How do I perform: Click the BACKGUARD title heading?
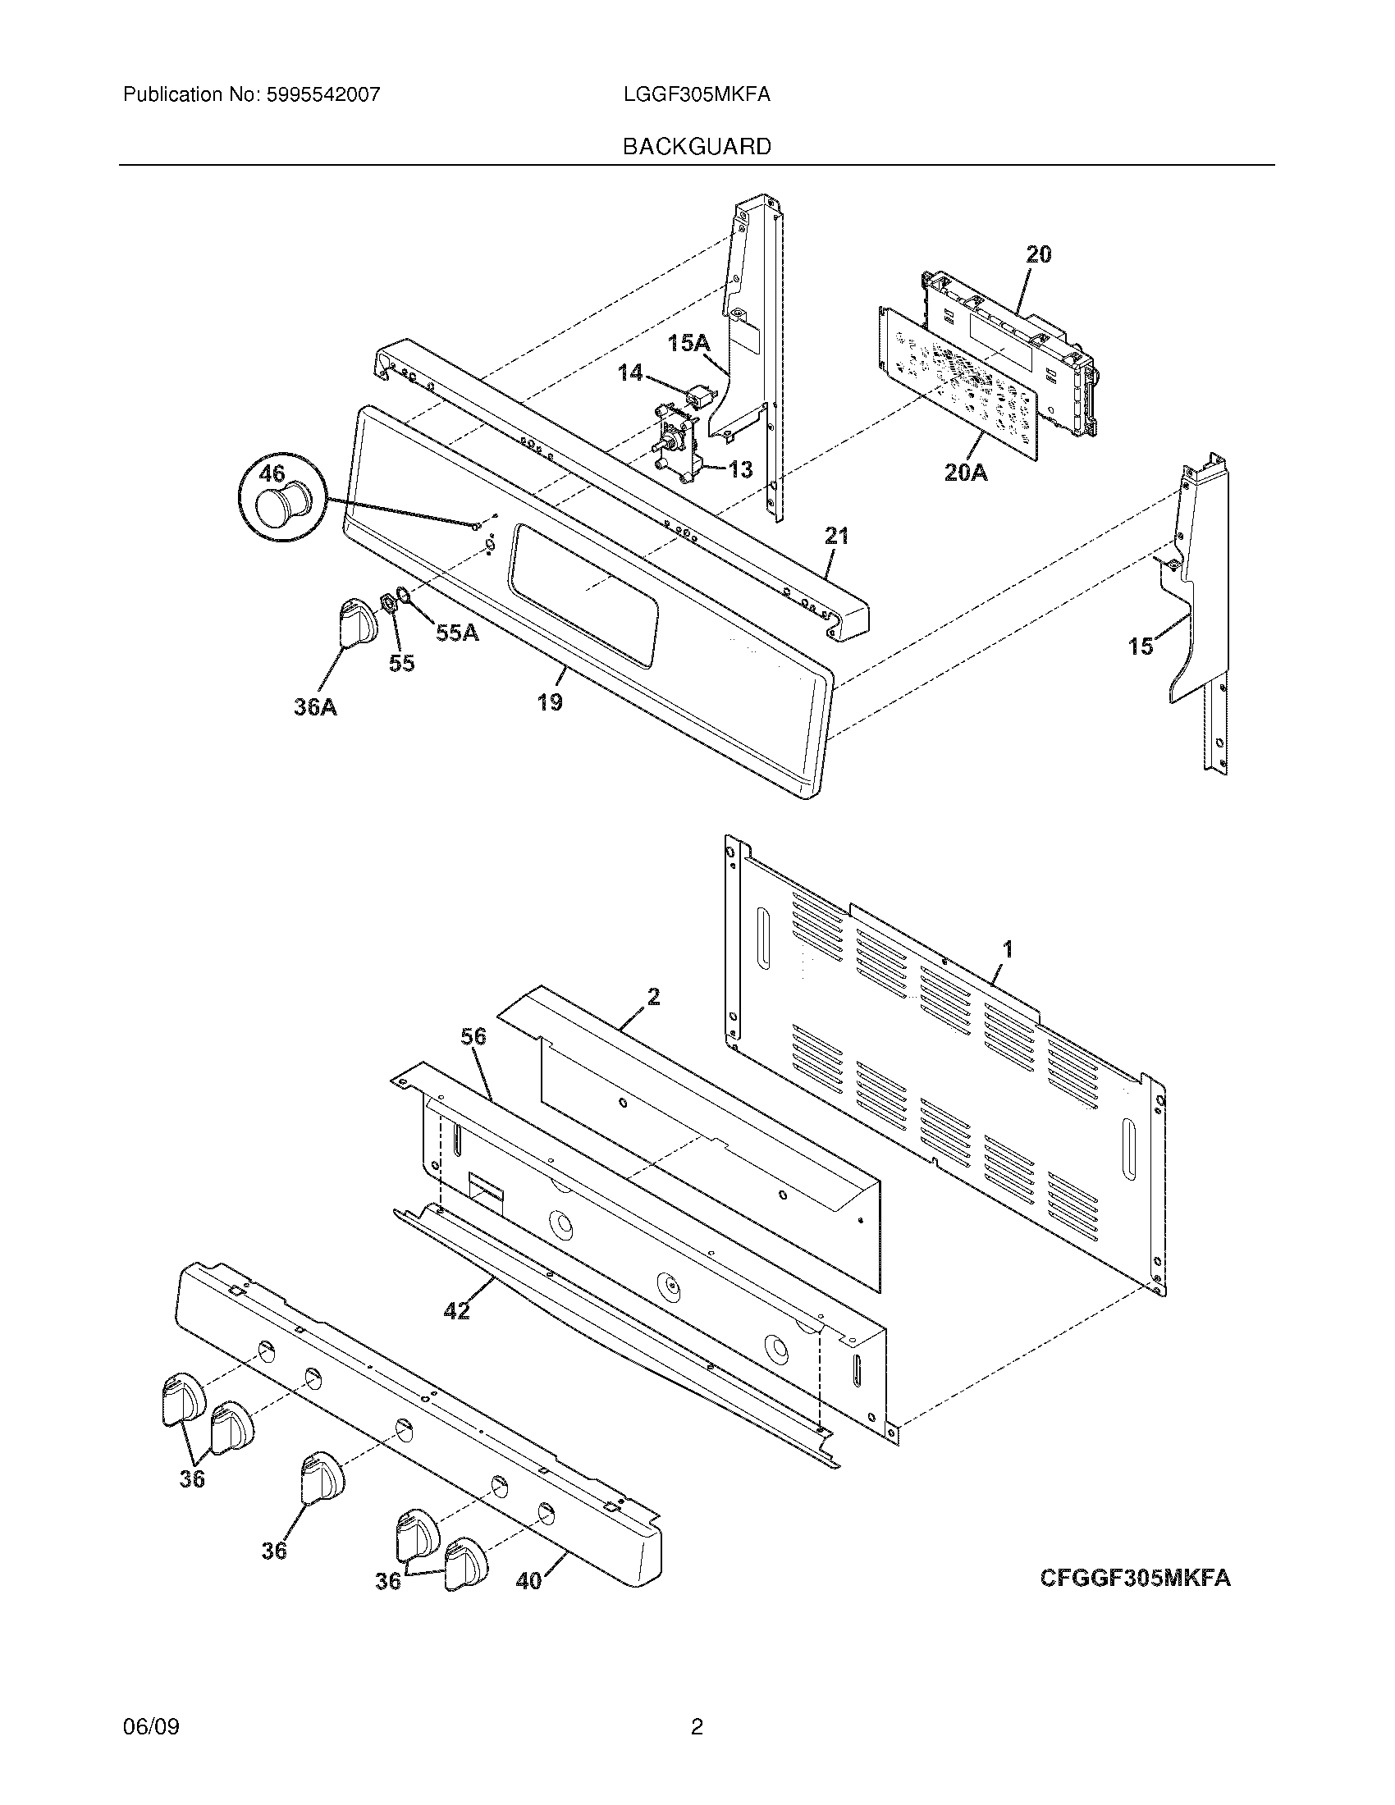(x=697, y=146)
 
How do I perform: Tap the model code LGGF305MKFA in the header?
(x=697, y=95)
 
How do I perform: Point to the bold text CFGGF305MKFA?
(x=1134, y=1578)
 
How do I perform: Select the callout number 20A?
(x=966, y=473)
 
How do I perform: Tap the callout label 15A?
(x=688, y=343)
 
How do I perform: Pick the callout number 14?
(x=629, y=373)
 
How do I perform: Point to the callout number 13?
(x=739, y=469)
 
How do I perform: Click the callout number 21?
(x=836, y=536)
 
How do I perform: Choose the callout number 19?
(x=550, y=701)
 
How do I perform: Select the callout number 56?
(x=473, y=1036)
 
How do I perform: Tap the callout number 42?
(x=457, y=1310)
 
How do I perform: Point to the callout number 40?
(x=529, y=1580)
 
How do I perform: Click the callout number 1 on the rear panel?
(x=1008, y=949)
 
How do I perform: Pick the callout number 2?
(x=653, y=997)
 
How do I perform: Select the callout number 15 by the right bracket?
(x=1141, y=646)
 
